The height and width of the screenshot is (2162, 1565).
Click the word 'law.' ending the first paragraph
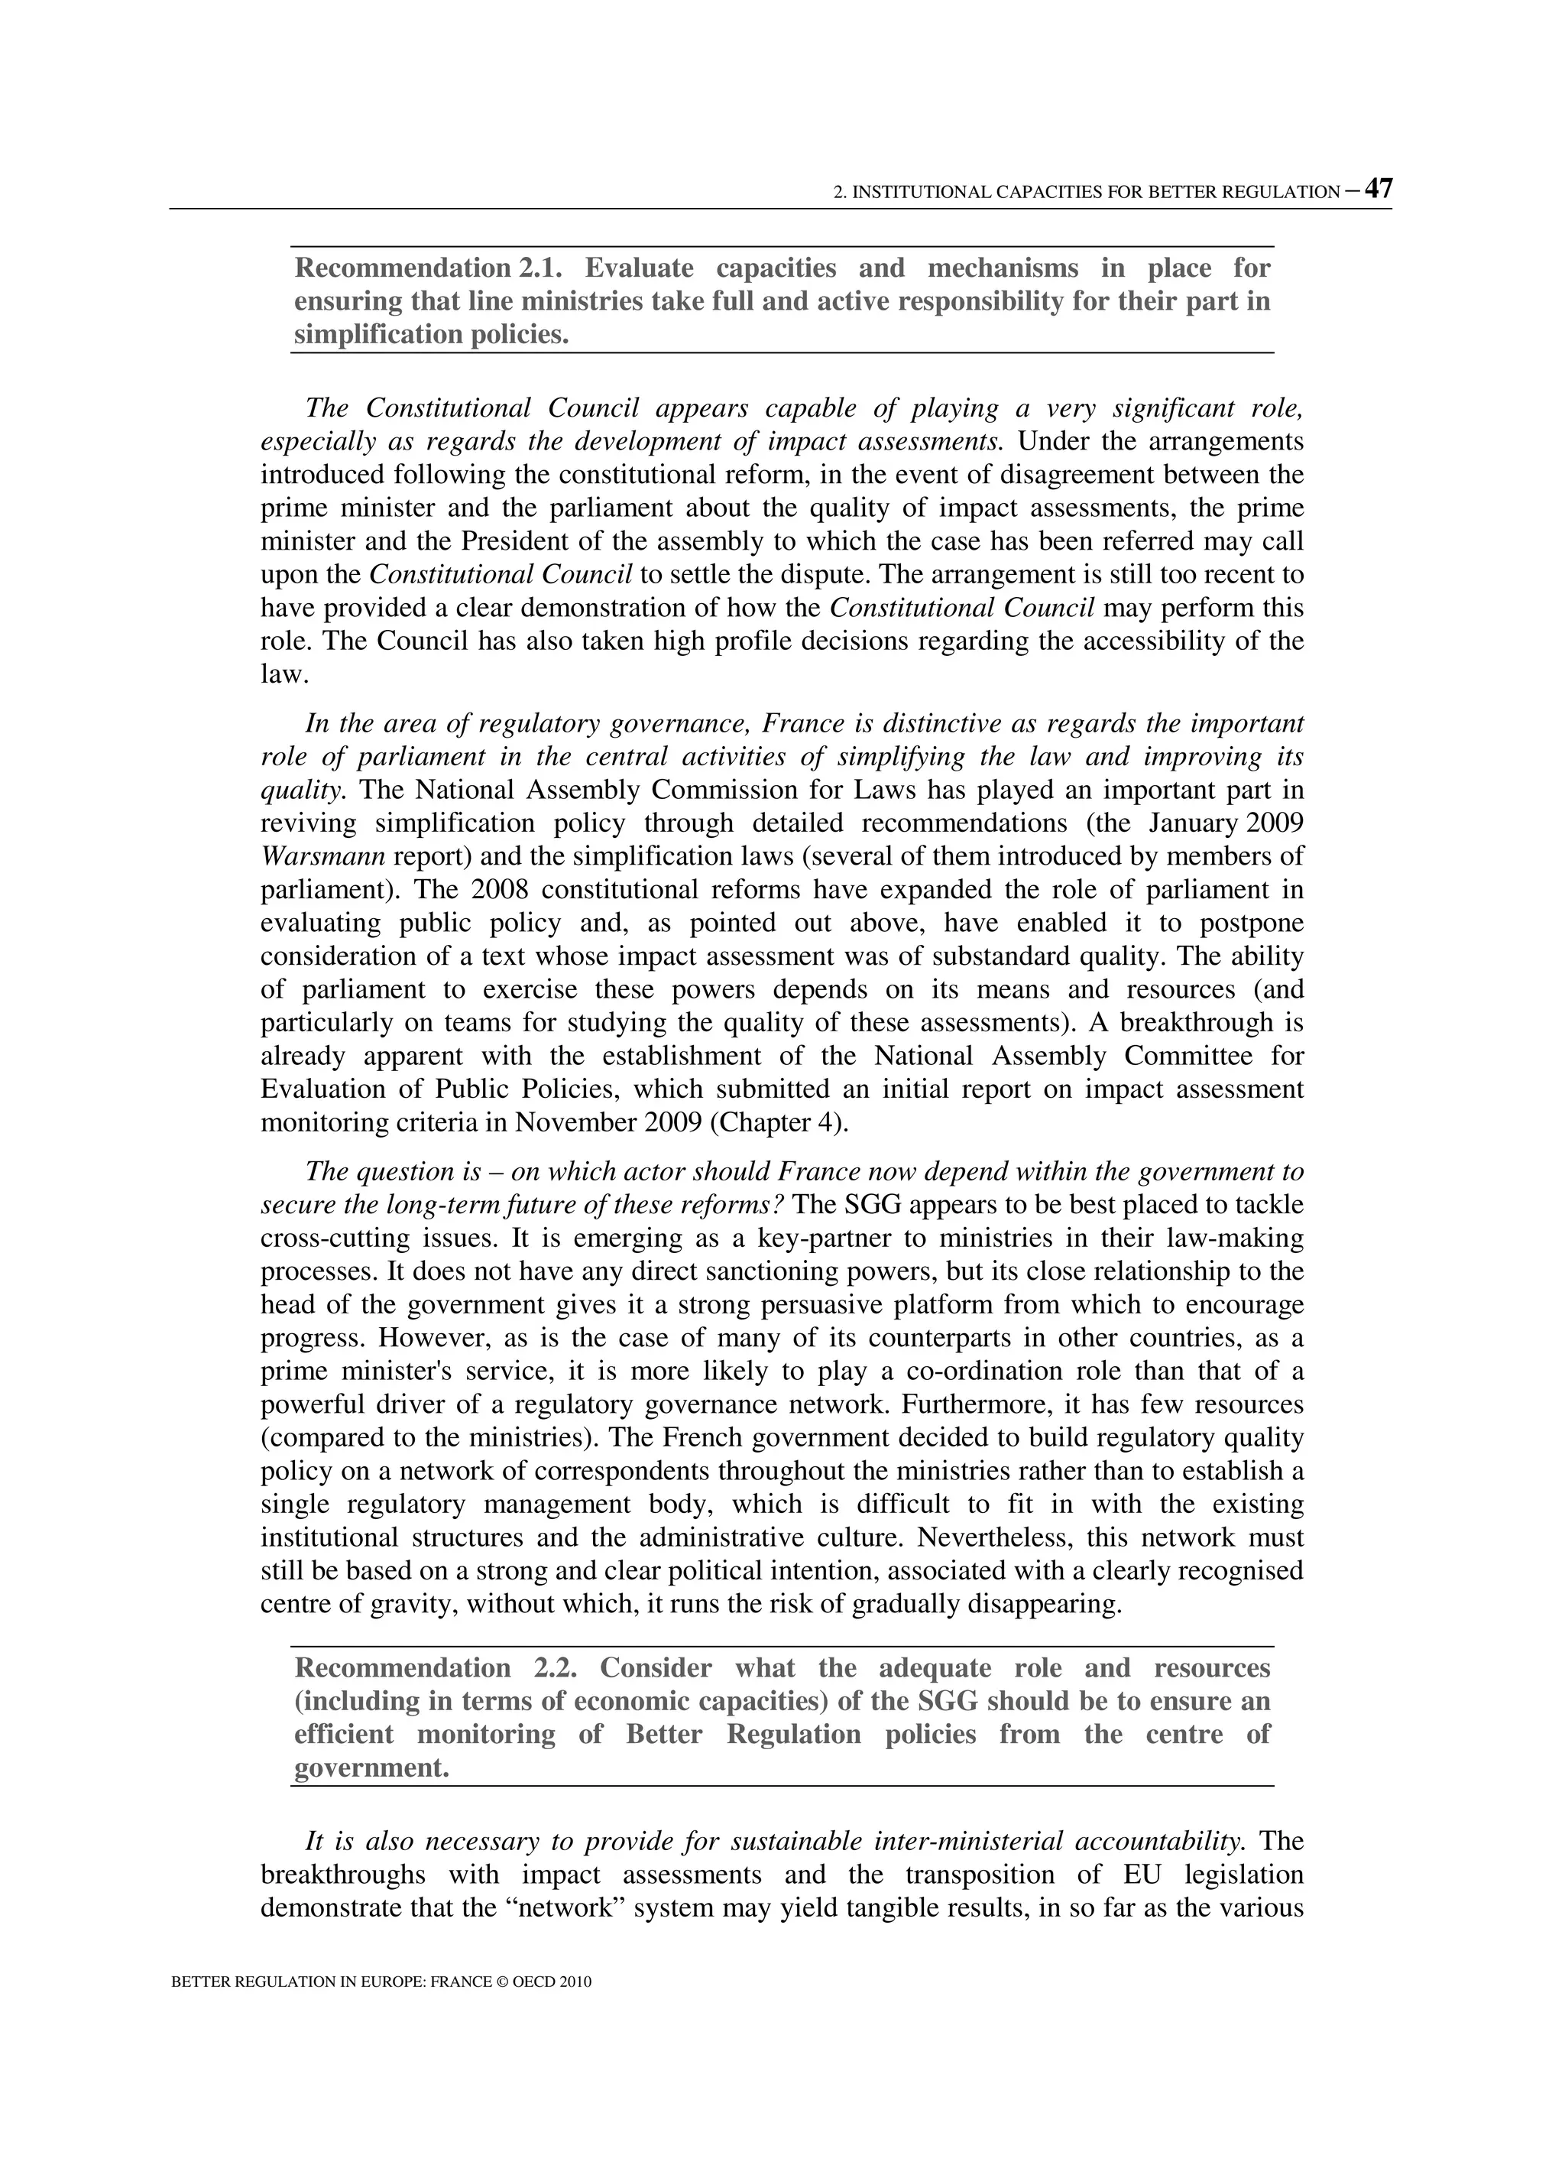coord(285,674)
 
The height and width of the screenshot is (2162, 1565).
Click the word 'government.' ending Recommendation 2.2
coord(371,1768)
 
